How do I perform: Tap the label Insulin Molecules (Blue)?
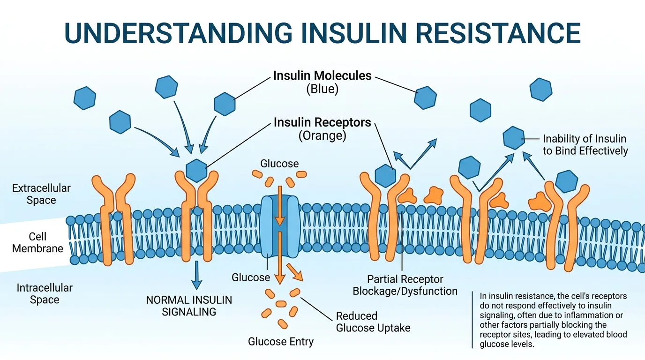(322, 82)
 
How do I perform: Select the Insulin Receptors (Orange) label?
(322, 129)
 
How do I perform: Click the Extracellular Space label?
(41, 194)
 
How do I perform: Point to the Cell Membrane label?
(37, 242)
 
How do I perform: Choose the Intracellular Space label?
(45, 293)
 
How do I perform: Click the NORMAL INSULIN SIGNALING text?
(189, 306)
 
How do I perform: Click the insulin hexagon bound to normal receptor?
(196, 170)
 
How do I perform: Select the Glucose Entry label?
(281, 341)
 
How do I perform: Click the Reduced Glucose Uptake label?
(373, 322)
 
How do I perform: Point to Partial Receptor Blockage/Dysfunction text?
(405, 285)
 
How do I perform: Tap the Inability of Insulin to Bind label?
(585, 144)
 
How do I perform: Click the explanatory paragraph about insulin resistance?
(553, 320)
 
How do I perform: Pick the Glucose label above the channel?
(279, 164)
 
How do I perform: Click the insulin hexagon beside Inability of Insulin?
(514, 138)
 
